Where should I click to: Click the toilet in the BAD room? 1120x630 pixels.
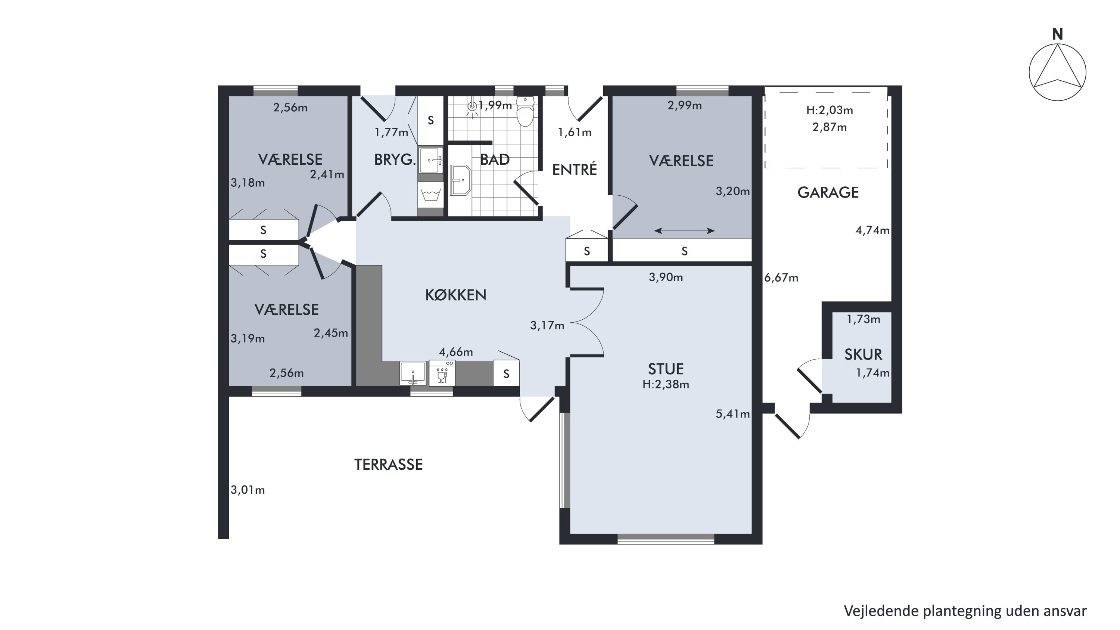click(x=525, y=111)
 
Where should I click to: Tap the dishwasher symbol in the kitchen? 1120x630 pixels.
click(x=442, y=373)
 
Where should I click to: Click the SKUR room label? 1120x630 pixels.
click(x=864, y=354)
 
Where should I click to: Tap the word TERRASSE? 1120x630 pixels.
click(x=388, y=464)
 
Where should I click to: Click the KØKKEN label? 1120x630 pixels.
click(x=455, y=295)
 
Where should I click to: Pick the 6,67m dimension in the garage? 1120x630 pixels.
click(x=781, y=278)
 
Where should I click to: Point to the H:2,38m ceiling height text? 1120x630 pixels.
click(x=666, y=384)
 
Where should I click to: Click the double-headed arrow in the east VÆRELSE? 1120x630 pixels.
click(x=684, y=231)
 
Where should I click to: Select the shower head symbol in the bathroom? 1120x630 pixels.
click(x=472, y=107)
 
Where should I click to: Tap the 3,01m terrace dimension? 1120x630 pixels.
click(x=248, y=490)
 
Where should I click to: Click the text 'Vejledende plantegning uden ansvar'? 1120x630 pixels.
click(x=965, y=611)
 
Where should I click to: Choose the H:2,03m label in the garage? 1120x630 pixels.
click(x=830, y=111)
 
